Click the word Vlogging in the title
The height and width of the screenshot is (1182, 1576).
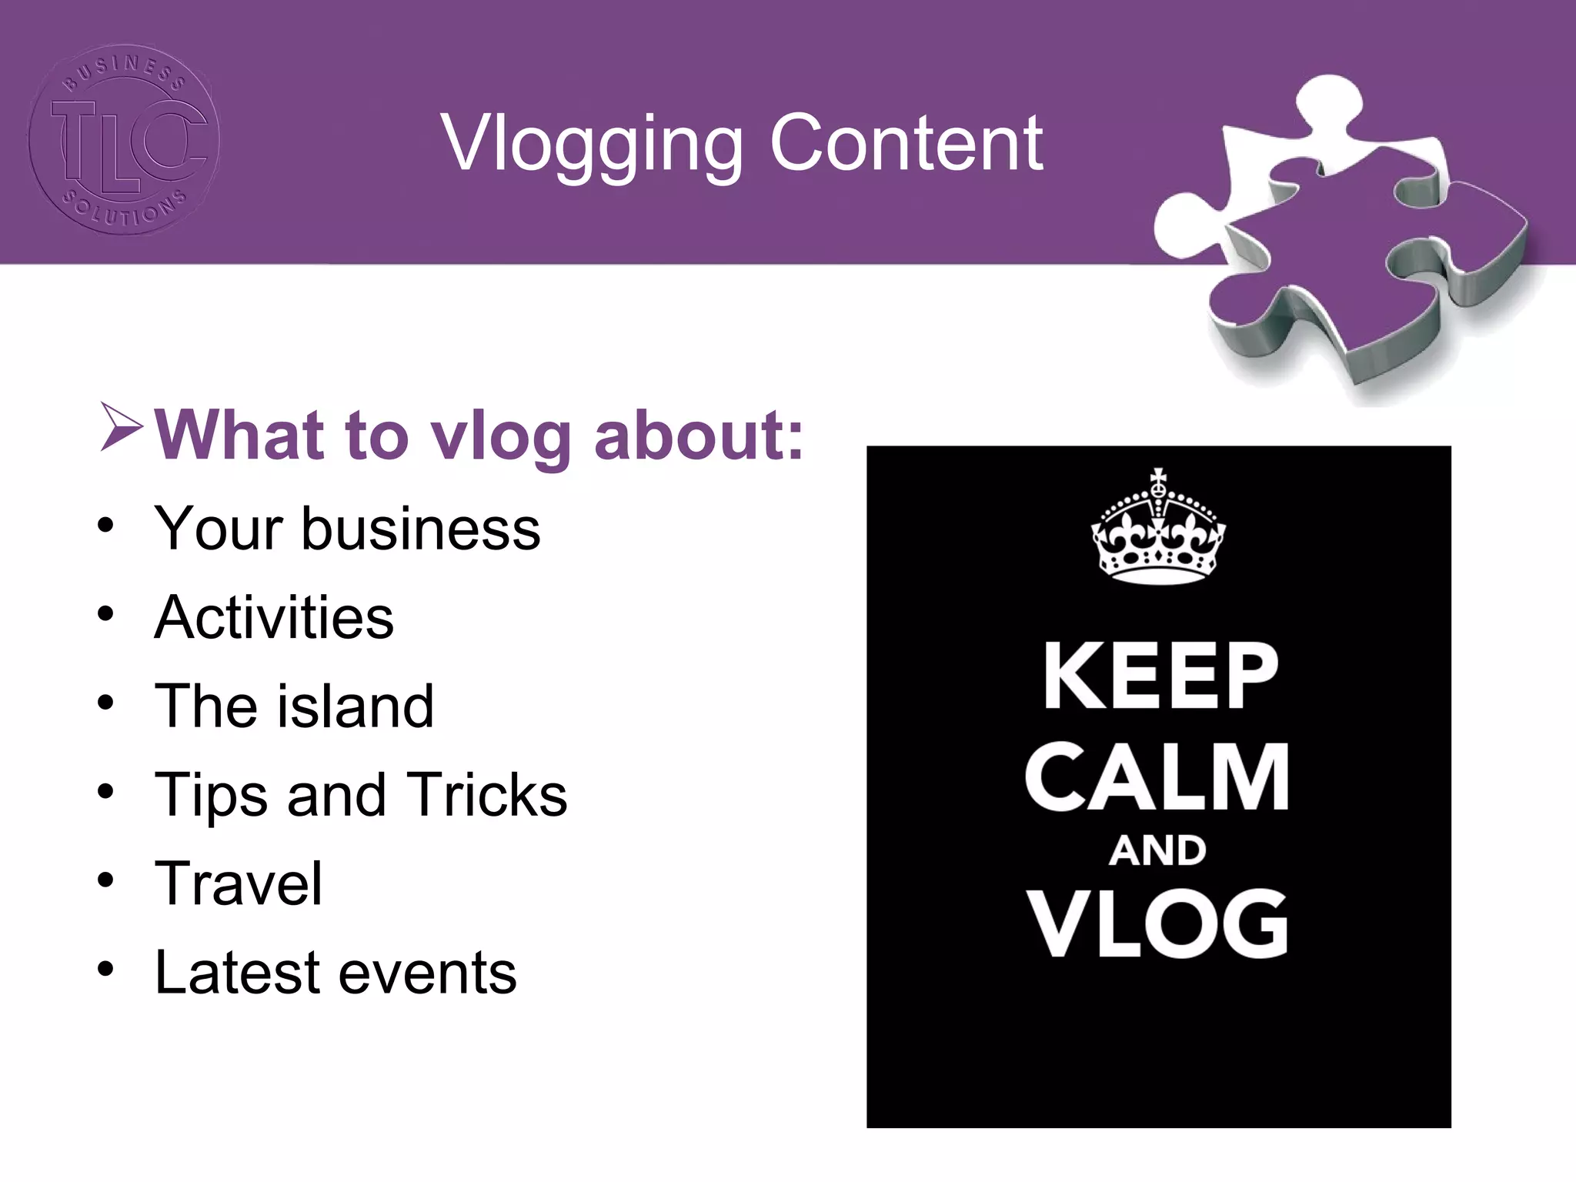592,145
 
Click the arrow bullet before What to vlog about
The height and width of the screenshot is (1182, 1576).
121,427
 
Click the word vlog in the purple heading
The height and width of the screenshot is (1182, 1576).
499,437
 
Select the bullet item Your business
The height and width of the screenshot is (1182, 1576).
347,529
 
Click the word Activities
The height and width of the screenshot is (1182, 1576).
274,617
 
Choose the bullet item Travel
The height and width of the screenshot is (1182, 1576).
239,883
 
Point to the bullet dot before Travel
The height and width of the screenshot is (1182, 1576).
105,880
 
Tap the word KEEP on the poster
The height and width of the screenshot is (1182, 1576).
1160,676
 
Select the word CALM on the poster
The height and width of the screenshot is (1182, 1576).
1157,777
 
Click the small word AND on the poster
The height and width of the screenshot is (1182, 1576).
1157,851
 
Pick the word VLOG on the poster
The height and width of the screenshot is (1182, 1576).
1157,923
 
